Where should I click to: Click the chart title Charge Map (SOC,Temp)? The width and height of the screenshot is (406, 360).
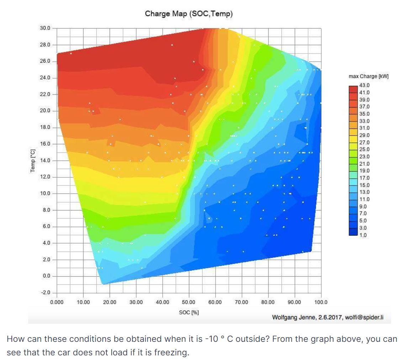189,14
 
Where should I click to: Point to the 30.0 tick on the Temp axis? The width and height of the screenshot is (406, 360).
46,28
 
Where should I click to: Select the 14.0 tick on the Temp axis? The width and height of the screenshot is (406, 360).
46,160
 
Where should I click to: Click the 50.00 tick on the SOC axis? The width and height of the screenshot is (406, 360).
189,302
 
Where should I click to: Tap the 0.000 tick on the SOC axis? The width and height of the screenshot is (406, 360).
57,302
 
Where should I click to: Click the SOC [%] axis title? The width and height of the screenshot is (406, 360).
189,312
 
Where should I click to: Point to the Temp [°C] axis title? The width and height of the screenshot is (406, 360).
32,160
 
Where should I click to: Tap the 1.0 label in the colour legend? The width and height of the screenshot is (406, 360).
364,235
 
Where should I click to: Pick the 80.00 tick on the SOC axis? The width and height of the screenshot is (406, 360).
268,302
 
